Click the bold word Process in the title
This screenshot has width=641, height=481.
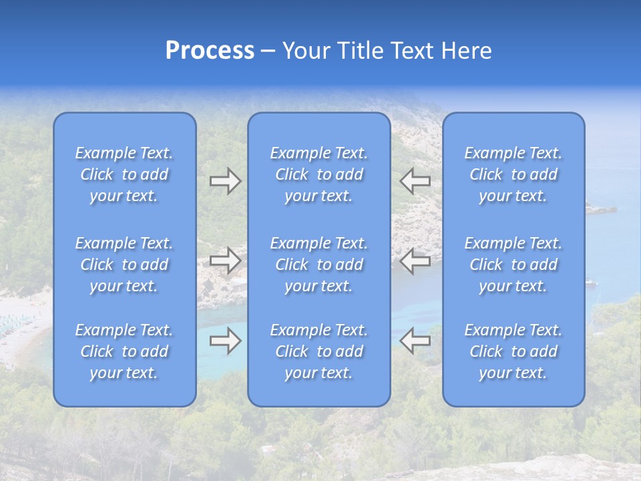pyautogui.click(x=210, y=51)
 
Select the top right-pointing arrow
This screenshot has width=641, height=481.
pyautogui.click(x=225, y=181)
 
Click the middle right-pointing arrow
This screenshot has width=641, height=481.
pyautogui.click(x=225, y=261)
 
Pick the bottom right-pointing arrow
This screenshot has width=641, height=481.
pyautogui.click(x=225, y=341)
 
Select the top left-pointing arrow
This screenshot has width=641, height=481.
pyautogui.click(x=415, y=181)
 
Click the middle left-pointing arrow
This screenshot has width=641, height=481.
pyautogui.click(x=415, y=261)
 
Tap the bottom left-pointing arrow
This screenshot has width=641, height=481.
pyautogui.click(x=415, y=341)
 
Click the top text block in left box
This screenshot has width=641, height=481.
pyautogui.click(x=124, y=174)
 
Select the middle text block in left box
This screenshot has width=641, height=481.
pyautogui.click(x=124, y=265)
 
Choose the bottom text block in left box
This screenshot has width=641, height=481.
pyautogui.click(x=124, y=351)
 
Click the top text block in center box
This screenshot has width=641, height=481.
pyautogui.click(x=319, y=174)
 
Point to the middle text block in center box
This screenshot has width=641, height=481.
pyautogui.click(x=319, y=265)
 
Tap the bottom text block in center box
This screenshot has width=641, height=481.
pyautogui.click(x=319, y=351)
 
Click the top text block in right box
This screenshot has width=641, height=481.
pyautogui.click(x=513, y=174)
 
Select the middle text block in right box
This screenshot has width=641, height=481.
pyautogui.click(x=513, y=265)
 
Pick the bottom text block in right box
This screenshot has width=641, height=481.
pyautogui.click(x=513, y=351)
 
